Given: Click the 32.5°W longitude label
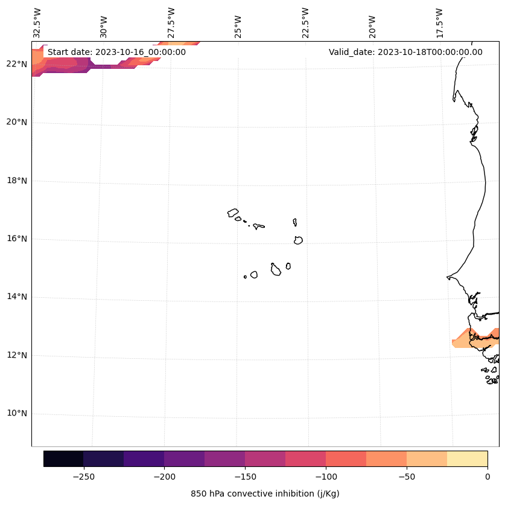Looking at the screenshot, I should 37,23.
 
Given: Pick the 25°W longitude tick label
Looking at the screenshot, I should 238,27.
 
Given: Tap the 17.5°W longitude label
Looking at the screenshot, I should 439,23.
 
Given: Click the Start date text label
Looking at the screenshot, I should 116,52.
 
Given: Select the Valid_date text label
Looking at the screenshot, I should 405,52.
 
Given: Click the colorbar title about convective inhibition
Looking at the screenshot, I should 265,494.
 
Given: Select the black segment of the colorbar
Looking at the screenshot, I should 63,459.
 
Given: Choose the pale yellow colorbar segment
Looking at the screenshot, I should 467,459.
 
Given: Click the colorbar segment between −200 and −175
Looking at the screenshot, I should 184,459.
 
